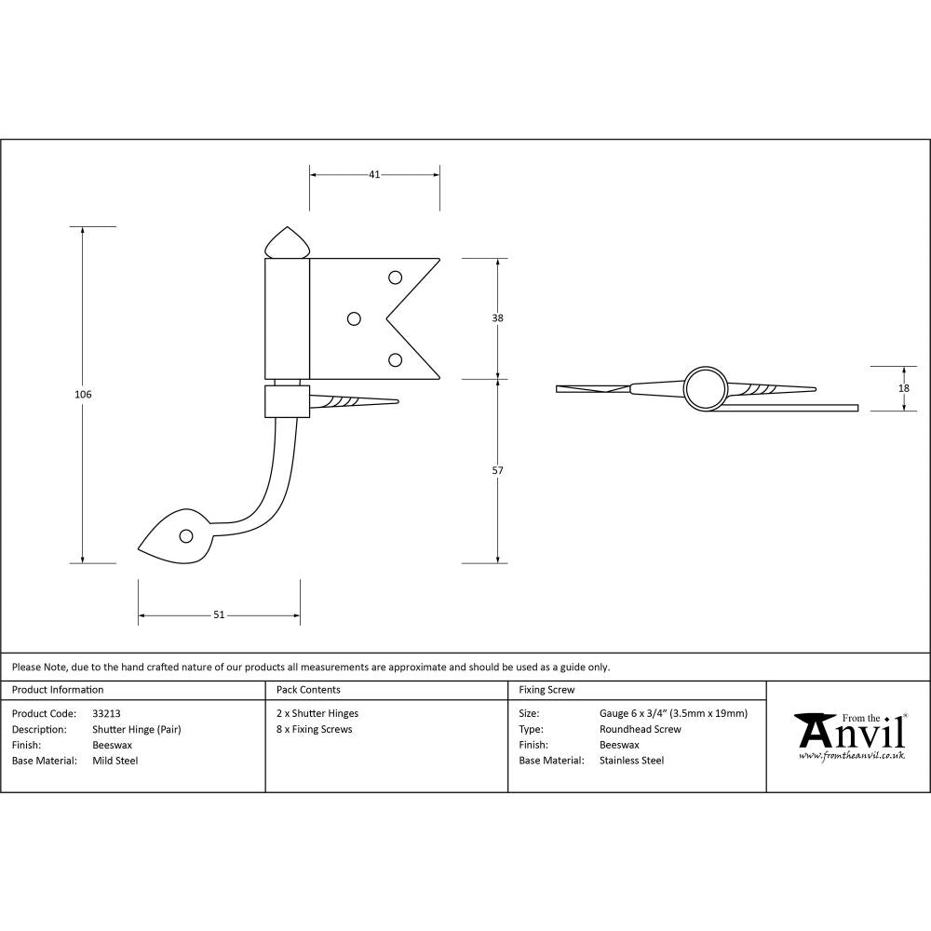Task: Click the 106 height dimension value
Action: (x=83, y=395)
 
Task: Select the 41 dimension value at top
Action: (x=374, y=174)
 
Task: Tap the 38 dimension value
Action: (x=497, y=318)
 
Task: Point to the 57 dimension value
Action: (x=497, y=471)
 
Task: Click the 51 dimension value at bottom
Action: (x=219, y=614)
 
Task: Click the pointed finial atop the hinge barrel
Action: (x=287, y=243)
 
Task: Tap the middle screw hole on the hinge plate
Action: (x=354, y=318)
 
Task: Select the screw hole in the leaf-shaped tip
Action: (x=185, y=536)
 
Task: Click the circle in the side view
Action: (x=705, y=388)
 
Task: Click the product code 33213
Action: (x=107, y=713)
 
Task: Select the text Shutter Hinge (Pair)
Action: (x=137, y=729)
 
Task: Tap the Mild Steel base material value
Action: (x=115, y=761)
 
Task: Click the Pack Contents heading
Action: (x=308, y=690)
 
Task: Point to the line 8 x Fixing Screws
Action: (x=315, y=729)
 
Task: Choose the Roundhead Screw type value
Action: (x=641, y=729)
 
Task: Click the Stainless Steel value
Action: (x=632, y=761)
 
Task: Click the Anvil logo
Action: (x=850, y=732)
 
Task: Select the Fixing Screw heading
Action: (x=546, y=690)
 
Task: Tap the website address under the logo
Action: (x=852, y=756)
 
